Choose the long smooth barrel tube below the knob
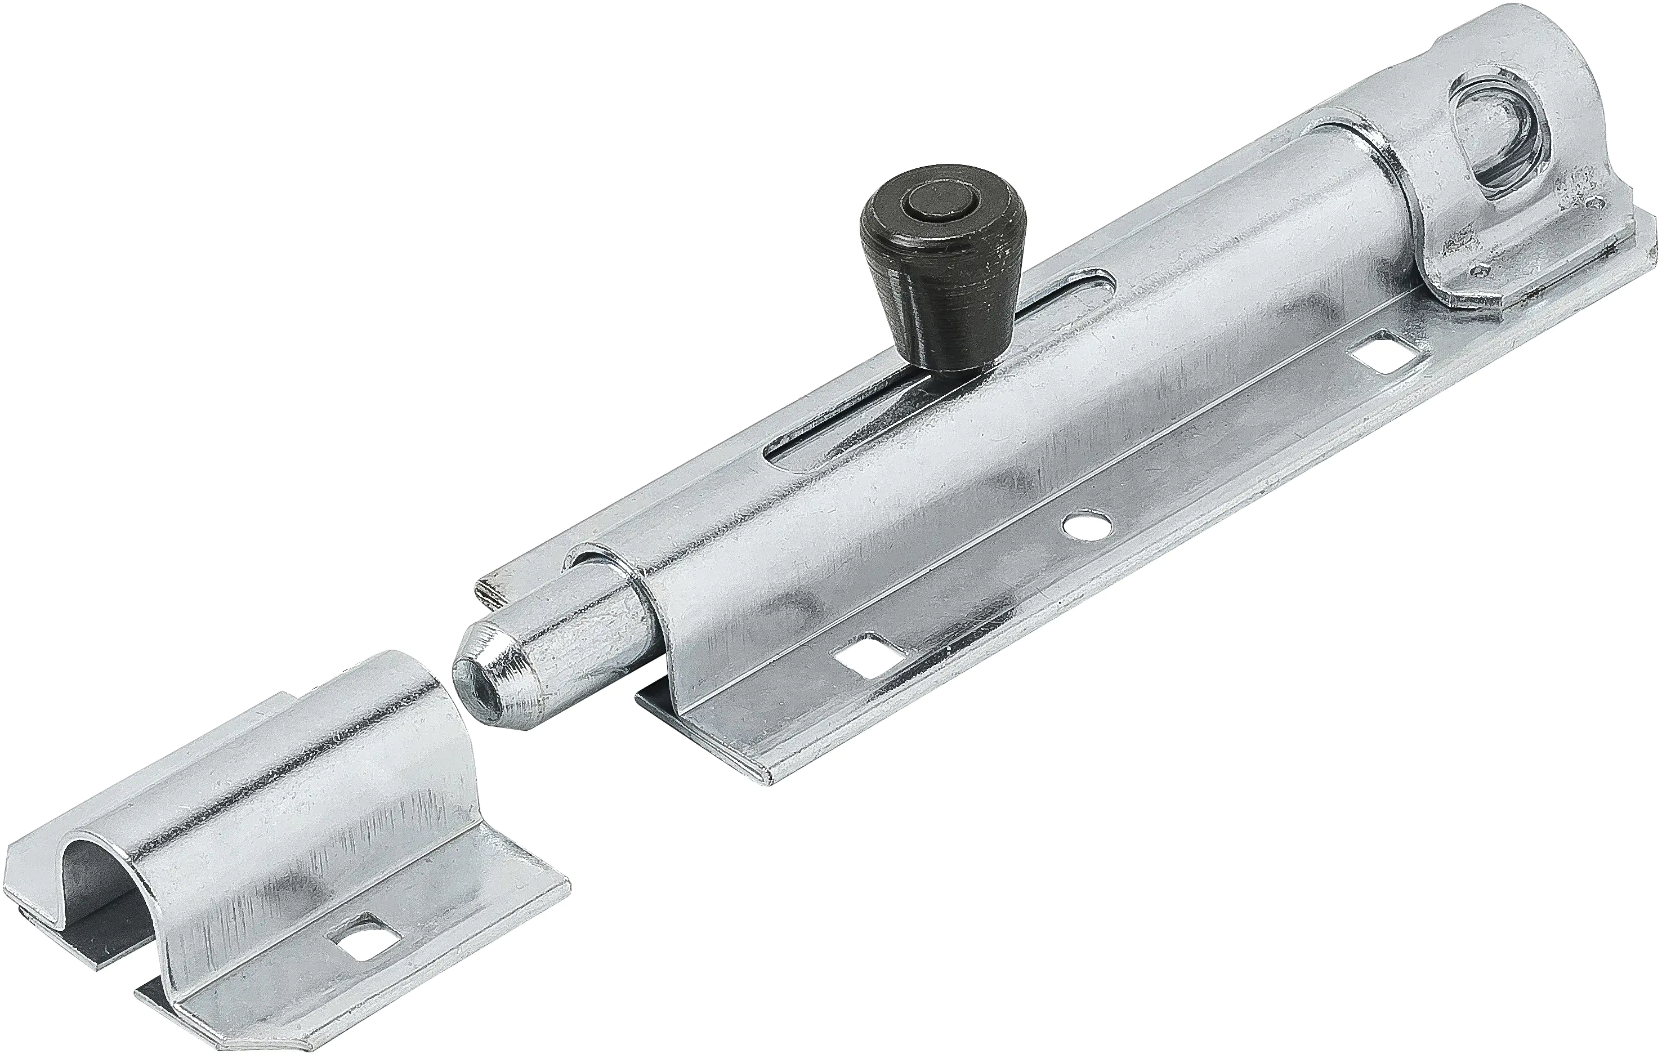coord(1001,442)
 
